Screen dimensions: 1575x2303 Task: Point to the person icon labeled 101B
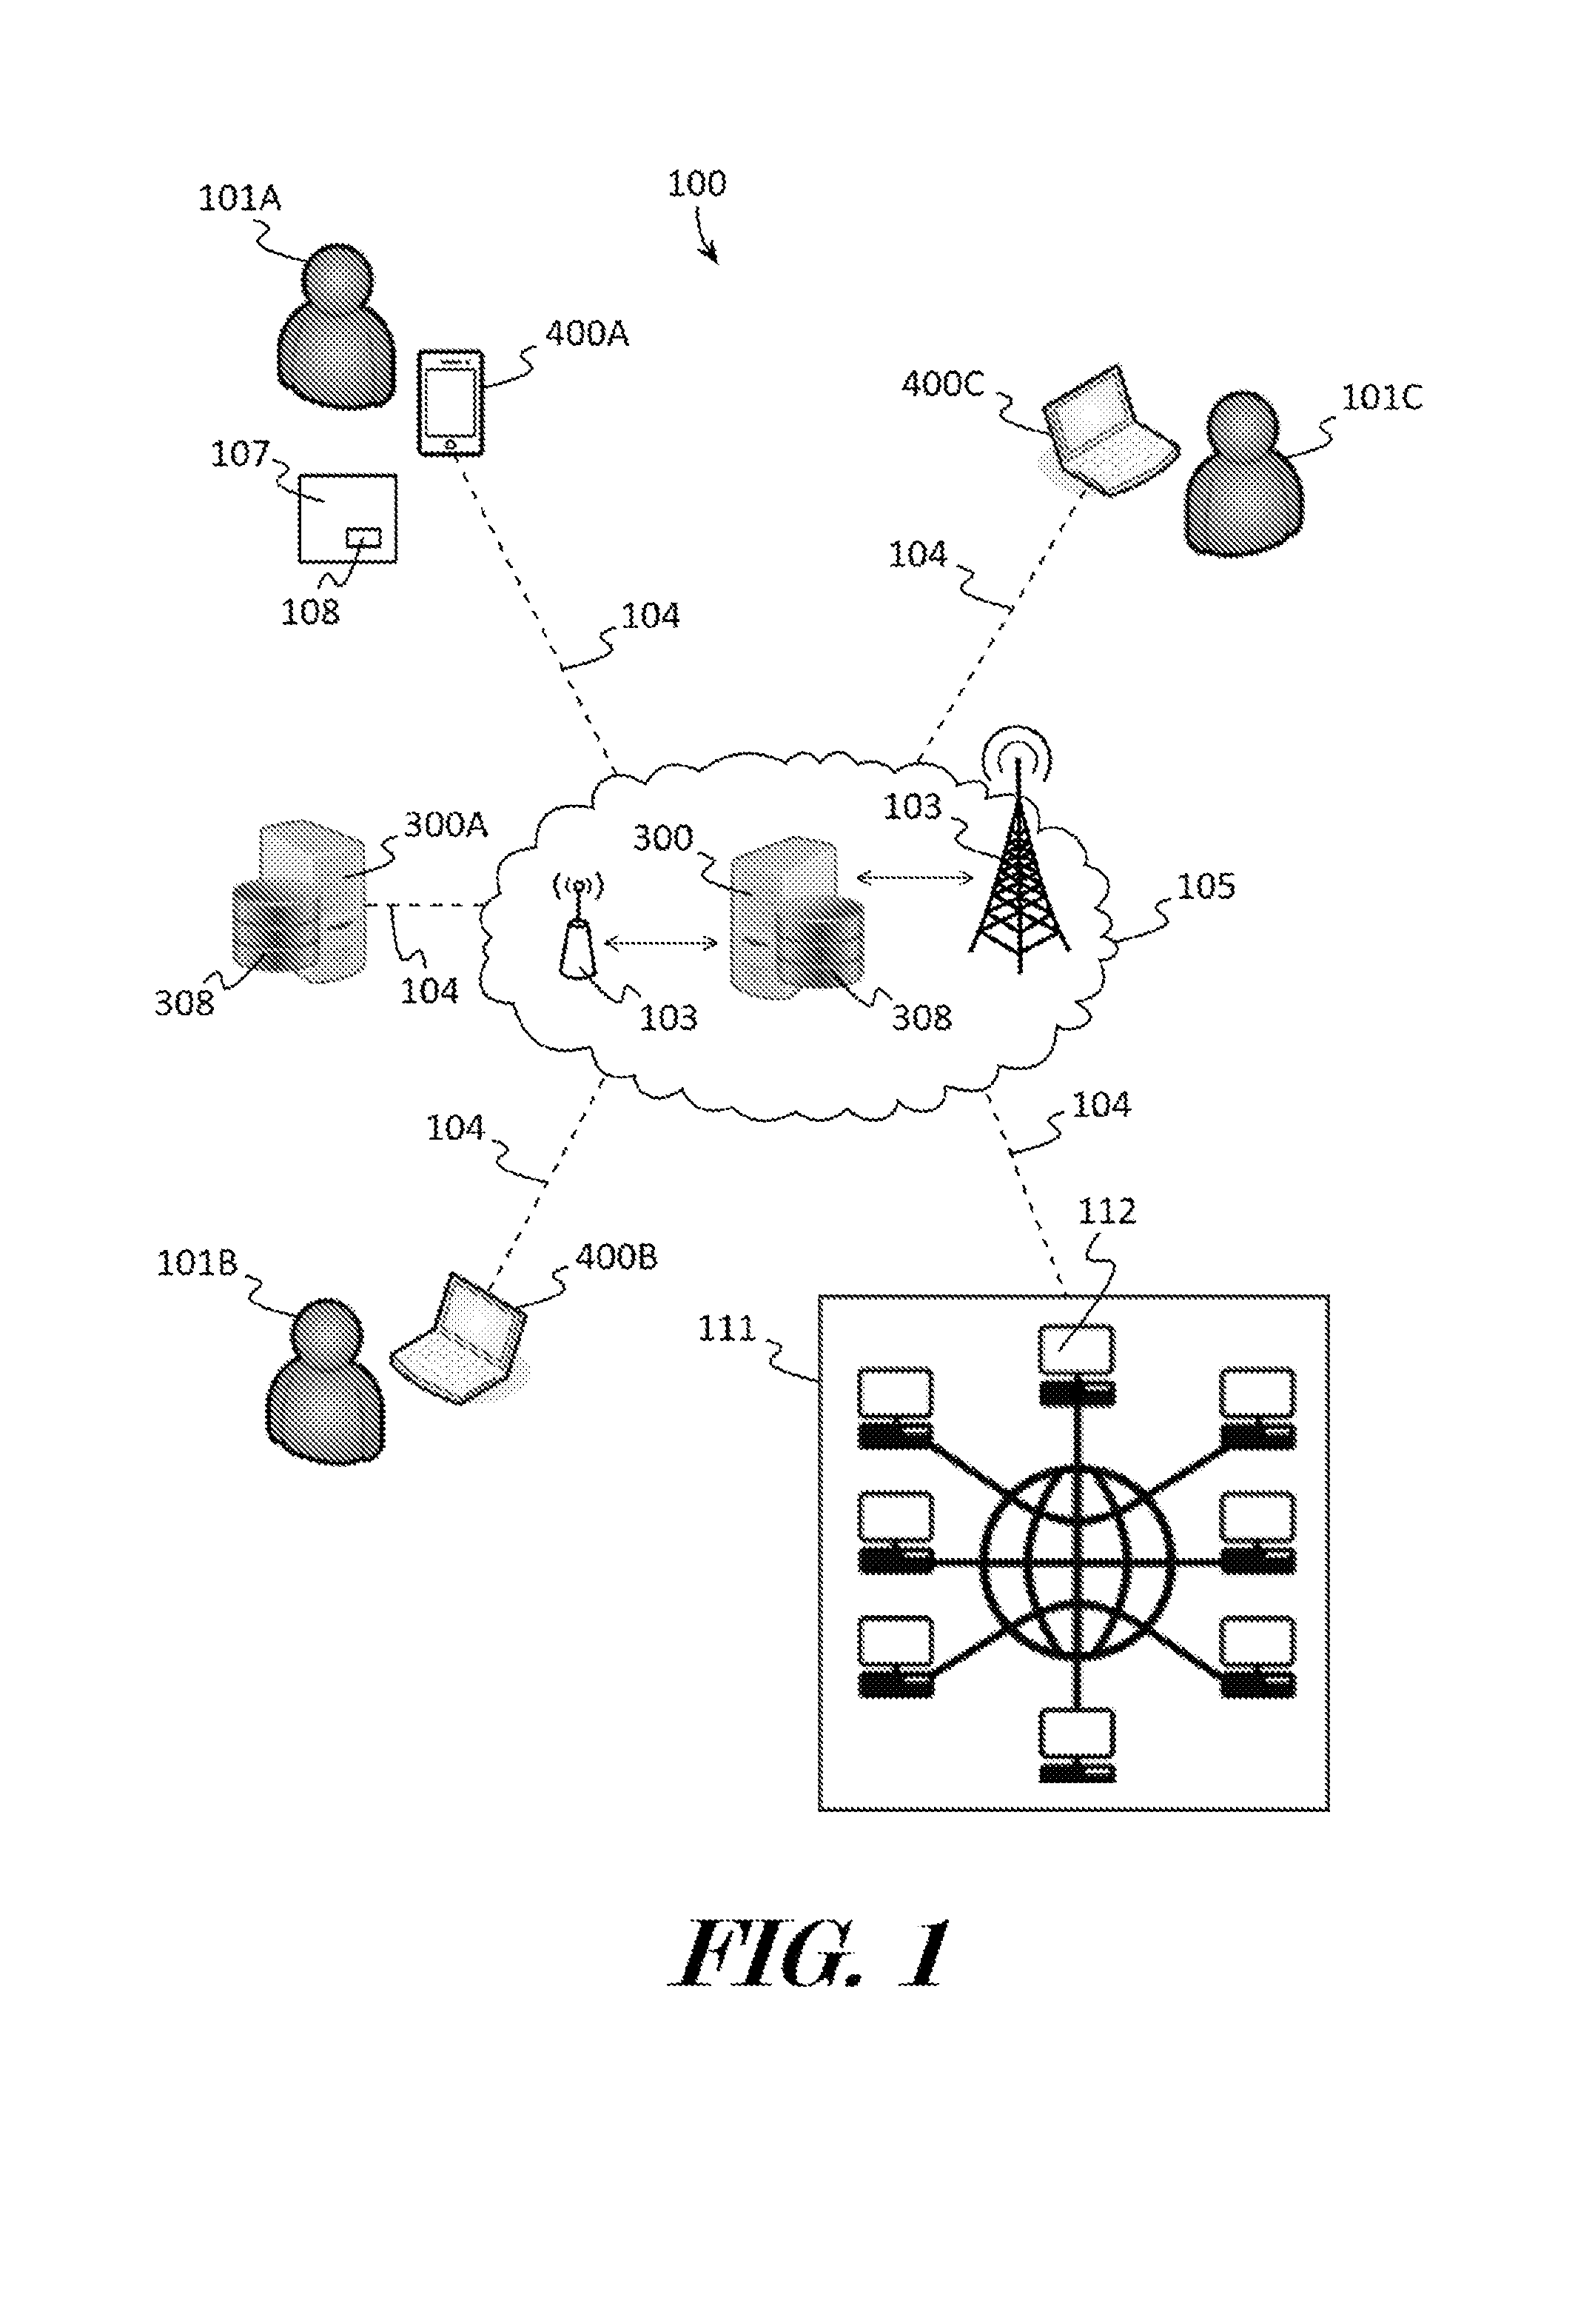point(325,1380)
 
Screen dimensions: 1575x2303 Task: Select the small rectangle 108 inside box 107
point(363,538)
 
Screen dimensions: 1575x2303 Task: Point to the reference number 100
point(696,184)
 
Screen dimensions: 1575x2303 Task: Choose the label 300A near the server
point(446,824)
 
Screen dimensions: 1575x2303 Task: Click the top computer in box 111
point(1077,1365)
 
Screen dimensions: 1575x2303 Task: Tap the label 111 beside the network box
point(727,1329)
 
